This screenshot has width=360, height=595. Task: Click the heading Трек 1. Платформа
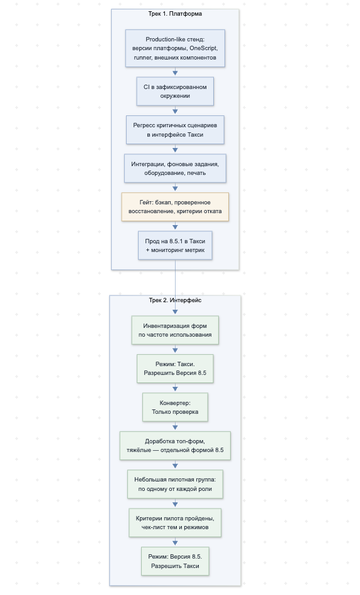[x=175, y=14]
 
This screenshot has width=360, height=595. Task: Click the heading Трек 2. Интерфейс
[x=175, y=300]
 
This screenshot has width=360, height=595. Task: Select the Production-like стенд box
[x=175, y=48]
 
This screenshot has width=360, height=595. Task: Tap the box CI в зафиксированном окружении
[x=175, y=92]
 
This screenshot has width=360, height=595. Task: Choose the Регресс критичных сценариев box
[x=175, y=130]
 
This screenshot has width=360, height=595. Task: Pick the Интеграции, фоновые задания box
[x=175, y=169]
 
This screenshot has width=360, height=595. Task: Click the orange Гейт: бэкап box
[x=175, y=207]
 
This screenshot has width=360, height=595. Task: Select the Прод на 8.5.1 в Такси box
[x=175, y=246]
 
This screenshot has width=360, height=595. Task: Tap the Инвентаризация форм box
[x=175, y=330]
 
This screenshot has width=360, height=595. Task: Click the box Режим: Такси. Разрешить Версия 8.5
[x=175, y=369]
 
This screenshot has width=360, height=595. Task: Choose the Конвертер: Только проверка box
[x=175, y=407]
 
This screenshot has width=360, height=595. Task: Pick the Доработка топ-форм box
[x=175, y=446]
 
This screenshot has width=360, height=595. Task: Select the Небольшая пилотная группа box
[x=175, y=484]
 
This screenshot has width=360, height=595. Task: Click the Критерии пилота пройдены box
[x=175, y=522]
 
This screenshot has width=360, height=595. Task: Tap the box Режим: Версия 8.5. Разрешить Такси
[x=175, y=561]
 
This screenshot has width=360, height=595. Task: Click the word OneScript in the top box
[x=203, y=48]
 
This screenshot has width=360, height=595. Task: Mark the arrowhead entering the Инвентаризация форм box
[x=175, y=312]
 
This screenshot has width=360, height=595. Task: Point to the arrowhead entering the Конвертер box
[x=175, y=389]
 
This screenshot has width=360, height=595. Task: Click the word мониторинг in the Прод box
[x=165, y=250]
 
